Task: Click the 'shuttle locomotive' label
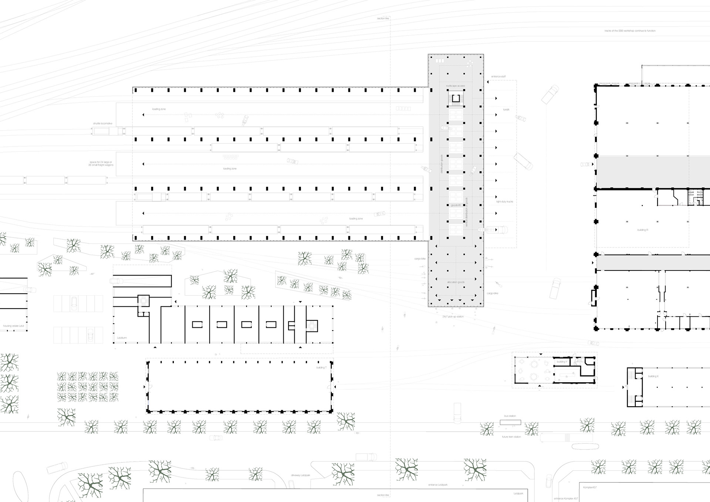(x=102, y=124)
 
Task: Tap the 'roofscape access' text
(x=455, y=86)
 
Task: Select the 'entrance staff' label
(x=498, y=77)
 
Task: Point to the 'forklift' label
(x=506, y=110)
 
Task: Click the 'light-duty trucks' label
(x=504, y=202)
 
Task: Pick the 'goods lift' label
(x=456, y=205)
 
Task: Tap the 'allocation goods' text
(x=456, y=282)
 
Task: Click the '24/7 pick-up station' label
(x=453, y=317)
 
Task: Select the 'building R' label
(x=642, y=230)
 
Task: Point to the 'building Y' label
(x=561, y=362)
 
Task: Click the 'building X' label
(x=653, y=376)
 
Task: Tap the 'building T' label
(x=321, y=368)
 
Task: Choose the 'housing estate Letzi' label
(x=13, y=326)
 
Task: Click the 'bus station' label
(x=510, y=416)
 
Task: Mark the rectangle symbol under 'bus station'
(x=510, y=422)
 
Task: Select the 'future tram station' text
(x=511, y=437)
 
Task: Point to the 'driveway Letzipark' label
(x=300, y=475)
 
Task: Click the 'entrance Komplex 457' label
(x=566, y=499)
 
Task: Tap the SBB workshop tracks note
(x=630, y=31)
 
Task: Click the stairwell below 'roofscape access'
(x=456, y=98)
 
